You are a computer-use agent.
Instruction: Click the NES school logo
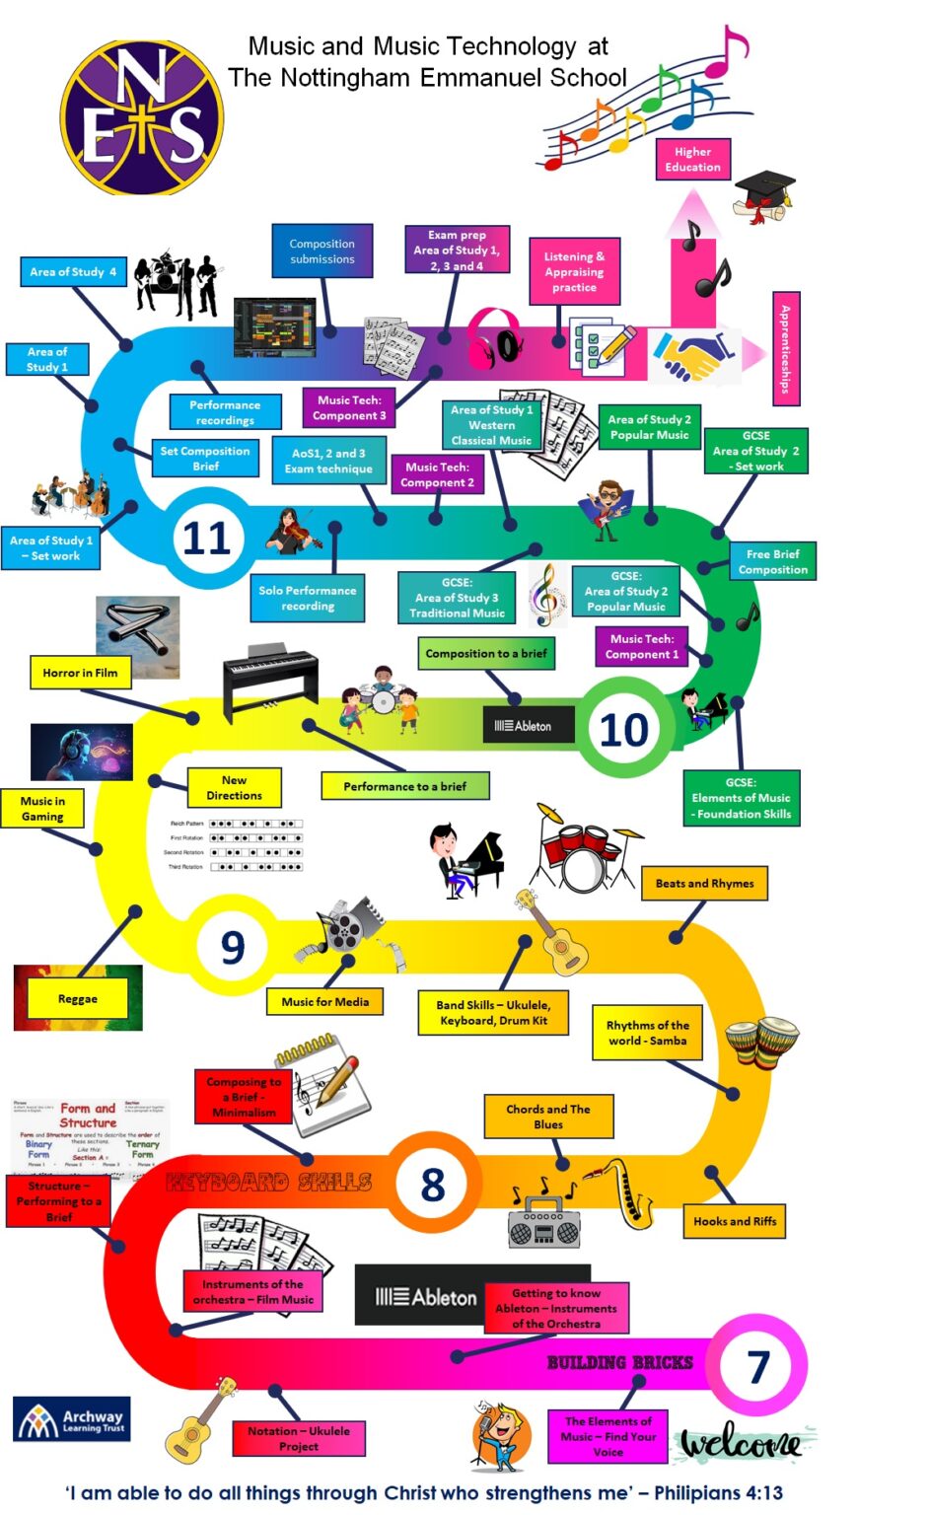click(143, 116)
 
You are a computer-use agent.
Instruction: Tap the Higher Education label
click(692, 160)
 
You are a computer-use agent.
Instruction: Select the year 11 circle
click(207, 539)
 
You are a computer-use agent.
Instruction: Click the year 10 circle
click(624, 730)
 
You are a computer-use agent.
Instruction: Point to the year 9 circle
click(234, 947)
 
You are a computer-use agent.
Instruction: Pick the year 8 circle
click(433, 1185)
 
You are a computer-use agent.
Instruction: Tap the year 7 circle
click(757, 1367)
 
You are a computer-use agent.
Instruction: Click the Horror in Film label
click(80, 673)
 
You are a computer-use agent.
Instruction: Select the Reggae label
click(78, 999)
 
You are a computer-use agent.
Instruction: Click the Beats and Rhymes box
click(704, 884)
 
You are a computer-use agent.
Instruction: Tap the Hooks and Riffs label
click(734, 1221)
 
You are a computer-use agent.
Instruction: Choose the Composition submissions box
click(322, 252)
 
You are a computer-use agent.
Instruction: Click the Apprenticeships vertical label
click(786, 349)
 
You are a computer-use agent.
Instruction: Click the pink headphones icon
click(494, 339)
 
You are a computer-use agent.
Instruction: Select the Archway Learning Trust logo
click(72, 1419)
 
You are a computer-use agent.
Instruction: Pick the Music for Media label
click(324, 1002)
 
